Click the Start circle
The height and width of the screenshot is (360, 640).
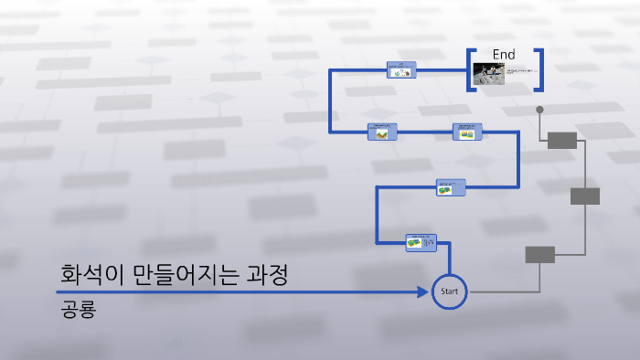[x=449, y=291]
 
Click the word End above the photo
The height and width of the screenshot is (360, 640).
[x=504, y=55]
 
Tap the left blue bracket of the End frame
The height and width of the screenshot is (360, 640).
[x=470, y=69]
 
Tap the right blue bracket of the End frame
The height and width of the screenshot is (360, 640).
[x=539, y=69]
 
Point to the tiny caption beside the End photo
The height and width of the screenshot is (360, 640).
[x=519, y=71]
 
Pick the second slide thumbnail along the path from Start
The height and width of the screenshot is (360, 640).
[x=451, y=186]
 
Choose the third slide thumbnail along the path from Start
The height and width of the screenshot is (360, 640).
[x=466, y=132]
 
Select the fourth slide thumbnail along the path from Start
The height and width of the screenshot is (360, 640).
[x=382, y=132]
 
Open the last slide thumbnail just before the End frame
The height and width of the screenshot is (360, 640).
[x=400, y=69]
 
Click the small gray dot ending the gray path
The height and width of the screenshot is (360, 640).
[x=539, y=110]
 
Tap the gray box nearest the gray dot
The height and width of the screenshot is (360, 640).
[x=562, y=140]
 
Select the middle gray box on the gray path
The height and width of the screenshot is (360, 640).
[x=585, y=196]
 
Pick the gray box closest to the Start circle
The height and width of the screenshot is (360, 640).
[x=539, y=254]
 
